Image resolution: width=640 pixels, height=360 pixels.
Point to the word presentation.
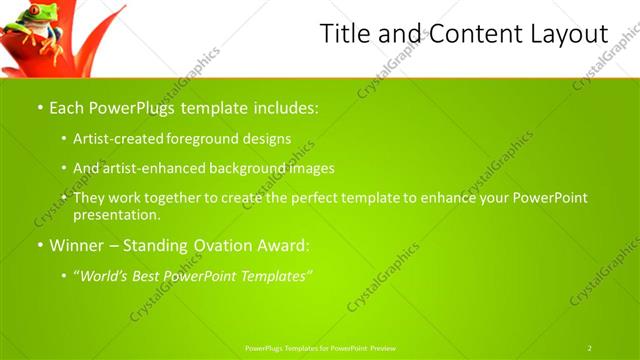click(x=116, y=214)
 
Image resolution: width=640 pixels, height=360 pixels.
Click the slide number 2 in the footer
click(x=590, y=348)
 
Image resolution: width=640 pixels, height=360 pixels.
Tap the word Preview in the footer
click(x=383, y=348)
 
